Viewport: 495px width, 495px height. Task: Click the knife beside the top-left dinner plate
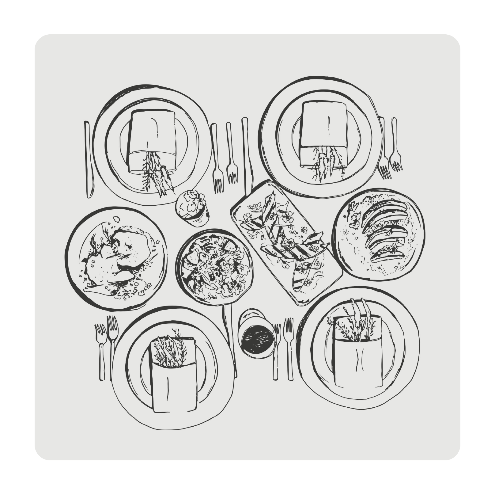pyautogui.click(x=89, y=159)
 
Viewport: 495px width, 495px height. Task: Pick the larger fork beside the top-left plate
pyautogui.click(x=217, y=159)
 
